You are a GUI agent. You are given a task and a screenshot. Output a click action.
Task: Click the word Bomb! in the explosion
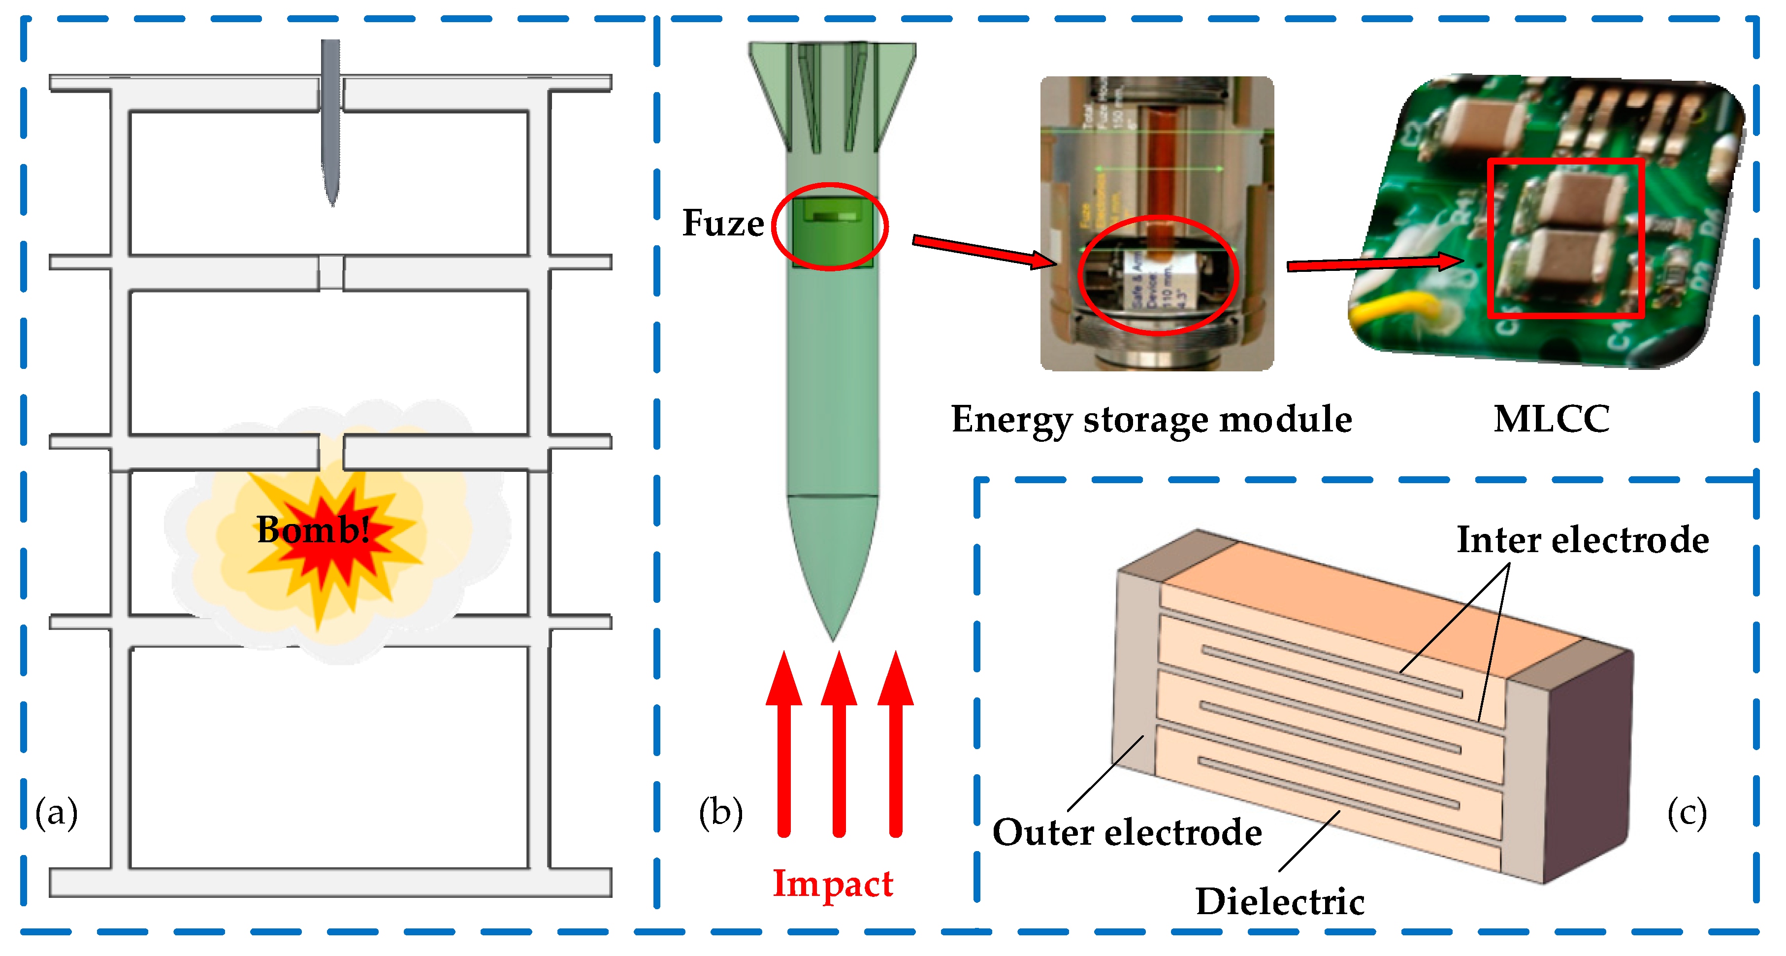pos(313,530)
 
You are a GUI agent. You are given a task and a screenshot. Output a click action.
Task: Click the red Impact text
pos(833,884)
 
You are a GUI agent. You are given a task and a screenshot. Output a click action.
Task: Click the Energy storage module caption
pos(1151,420)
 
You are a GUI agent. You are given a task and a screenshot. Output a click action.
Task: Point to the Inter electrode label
pos(1582,540)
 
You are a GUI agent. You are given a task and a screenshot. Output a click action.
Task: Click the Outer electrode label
pos(1127,832)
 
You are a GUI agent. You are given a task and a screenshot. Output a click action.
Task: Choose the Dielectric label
pos(1280,901)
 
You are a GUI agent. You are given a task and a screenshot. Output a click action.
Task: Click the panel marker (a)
pos(57,813)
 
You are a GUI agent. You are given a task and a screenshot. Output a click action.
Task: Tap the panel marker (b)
pos(720,813)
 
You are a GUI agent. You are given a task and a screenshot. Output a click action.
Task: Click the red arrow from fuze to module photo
pos(984,251)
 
